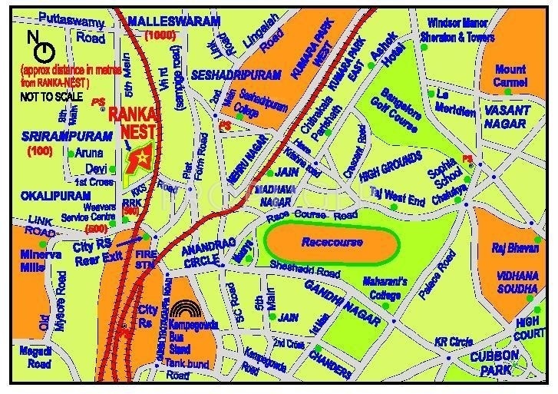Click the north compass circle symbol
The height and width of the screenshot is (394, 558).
pyautogui.click(x=45, y=52)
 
